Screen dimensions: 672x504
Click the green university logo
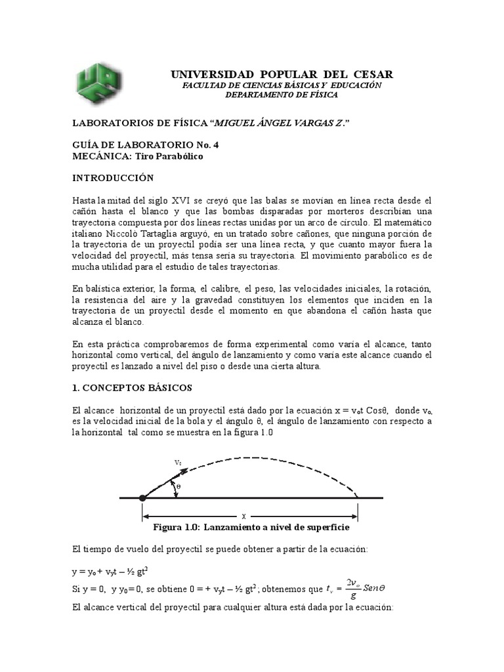(100, 83)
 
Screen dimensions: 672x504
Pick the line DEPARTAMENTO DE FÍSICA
(282, 95)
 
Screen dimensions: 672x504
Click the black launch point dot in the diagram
(142, 499)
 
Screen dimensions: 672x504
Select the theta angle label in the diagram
(178, 487)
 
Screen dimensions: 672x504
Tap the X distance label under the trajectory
(243, 516)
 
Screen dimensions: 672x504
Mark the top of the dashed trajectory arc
(256, 457)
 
